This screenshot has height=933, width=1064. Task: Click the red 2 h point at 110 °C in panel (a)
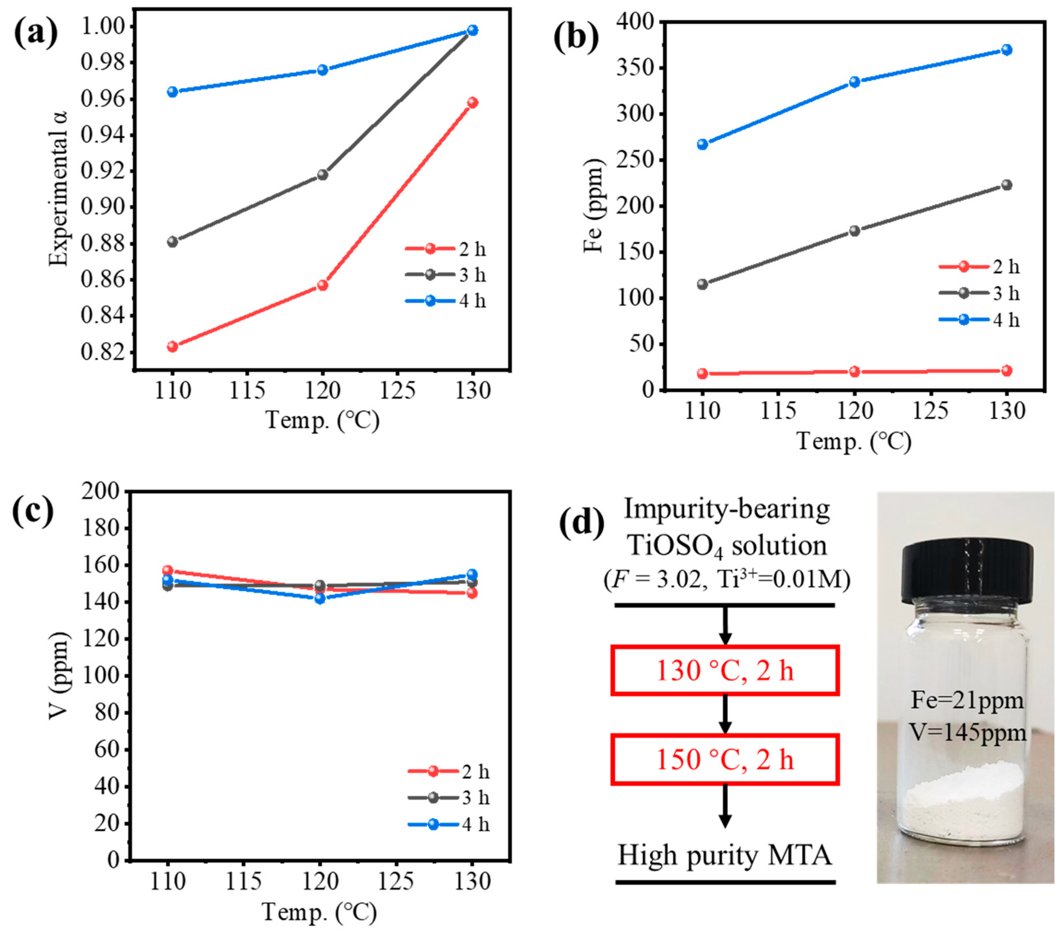pos(172,346)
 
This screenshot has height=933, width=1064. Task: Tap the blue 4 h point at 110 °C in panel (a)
pos(172,92)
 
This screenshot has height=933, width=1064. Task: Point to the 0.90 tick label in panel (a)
pos(103,207)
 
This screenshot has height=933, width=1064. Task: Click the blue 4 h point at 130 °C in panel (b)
pos(1007,50)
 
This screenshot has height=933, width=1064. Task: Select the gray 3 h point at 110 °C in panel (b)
pos(702,284)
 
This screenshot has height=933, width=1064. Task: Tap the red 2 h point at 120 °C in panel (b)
pos(854,372)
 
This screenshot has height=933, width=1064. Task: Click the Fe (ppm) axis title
pos(594,206)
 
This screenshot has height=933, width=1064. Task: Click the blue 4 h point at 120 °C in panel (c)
pos(320,598)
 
